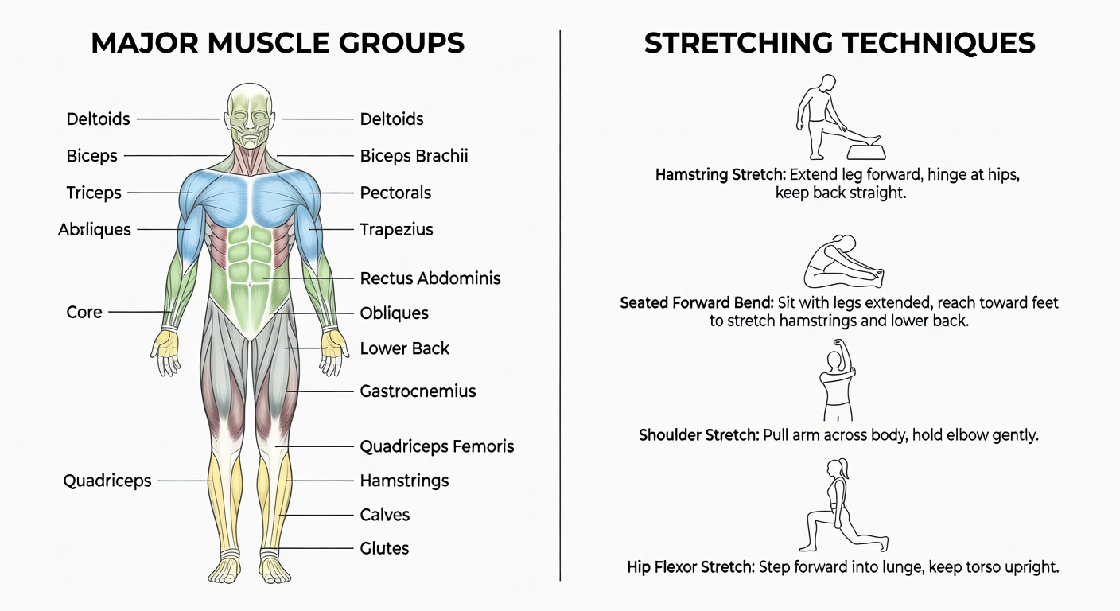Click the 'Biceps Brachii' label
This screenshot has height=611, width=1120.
tap(414, 155)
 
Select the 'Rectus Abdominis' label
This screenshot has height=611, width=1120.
tap(430, 278)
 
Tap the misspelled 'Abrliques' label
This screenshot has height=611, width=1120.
tap(95, 229)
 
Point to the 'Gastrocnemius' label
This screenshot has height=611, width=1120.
tap(418, 391)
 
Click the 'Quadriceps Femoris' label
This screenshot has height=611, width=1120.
tap(437, 446)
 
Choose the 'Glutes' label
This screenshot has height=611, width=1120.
tap(384, 548)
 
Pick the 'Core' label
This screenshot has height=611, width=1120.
tap(84, 312)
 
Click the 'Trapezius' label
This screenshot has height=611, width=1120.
tap(396, 229)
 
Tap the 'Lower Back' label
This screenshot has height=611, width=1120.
tap(405, 348)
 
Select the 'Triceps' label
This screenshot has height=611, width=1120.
tap(94, 193)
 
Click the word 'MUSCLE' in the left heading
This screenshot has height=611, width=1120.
tap(269, 42)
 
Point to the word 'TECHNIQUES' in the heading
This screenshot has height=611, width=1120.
tap(939, 43)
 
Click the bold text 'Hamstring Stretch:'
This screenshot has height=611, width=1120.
tap(721, 174)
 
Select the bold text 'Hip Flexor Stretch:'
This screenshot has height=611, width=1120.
tap(690, 567)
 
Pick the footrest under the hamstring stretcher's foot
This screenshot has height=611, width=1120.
tap(866, 151)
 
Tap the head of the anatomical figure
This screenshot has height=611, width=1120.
tap(250, 115)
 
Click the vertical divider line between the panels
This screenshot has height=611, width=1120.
tap(560, 305)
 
